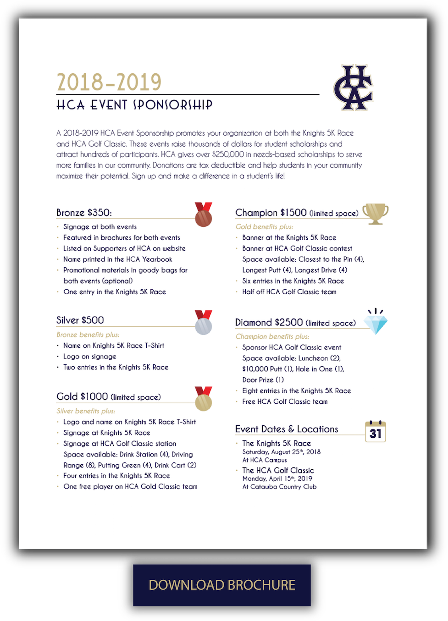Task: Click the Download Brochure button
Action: point(222,585)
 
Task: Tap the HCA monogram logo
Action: point(353,88)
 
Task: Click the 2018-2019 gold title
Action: point(109,82)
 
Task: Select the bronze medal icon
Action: point(203,215)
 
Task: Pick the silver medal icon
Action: point(203,323)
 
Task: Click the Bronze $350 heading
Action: point(84,213)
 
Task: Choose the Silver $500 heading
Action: point(80,320)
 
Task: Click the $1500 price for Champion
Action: point(293,213)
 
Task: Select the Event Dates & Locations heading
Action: point(287,429)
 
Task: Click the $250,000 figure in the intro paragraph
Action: point(228,154)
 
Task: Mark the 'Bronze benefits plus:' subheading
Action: point(88,335)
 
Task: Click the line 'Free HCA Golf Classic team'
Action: point(285,401)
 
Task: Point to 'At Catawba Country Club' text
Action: point(279,487)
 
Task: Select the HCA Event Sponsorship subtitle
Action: point(134,105)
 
